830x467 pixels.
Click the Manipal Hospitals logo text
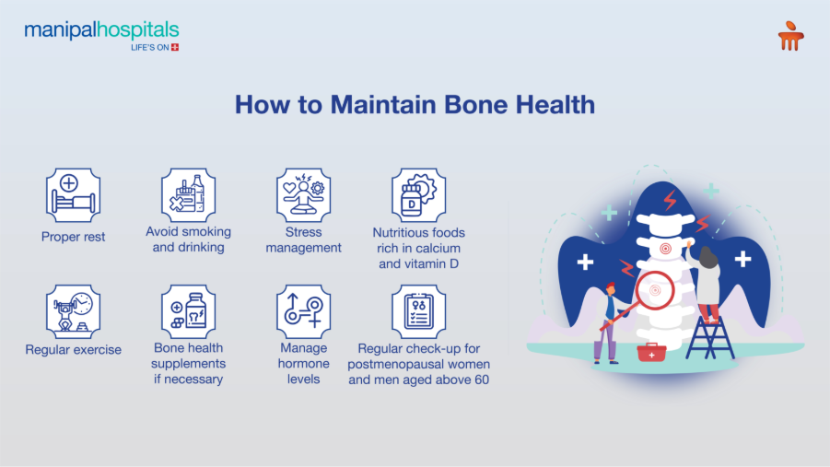click(101, 30)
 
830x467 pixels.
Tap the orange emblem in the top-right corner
click(789, 37)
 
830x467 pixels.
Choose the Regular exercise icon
click(73, 311)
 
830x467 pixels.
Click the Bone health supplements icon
click(188, 311)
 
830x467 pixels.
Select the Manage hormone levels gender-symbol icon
click(303, 311)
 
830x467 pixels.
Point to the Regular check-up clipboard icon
click(418, 311)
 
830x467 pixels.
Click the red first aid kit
click(651, 352)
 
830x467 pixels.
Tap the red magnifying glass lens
click(656, 291)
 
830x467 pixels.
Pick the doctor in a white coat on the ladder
click(707, 281)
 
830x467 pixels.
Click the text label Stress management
click(303, 239)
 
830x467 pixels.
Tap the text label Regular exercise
click(73, 350)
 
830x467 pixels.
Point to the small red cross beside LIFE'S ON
click(175, 46)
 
